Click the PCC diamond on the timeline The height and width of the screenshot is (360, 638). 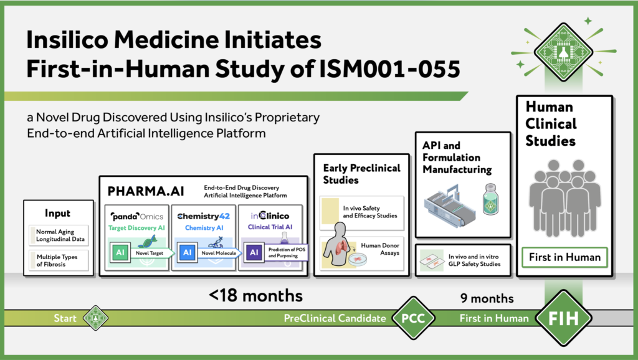coord(414,318)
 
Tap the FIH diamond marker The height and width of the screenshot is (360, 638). coord(563,318)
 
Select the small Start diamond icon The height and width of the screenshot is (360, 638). coord(95,318)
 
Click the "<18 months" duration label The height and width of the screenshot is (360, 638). coord(255,296)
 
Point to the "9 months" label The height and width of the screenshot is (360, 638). coord(487,298)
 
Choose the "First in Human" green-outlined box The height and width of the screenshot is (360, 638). coord(564,257)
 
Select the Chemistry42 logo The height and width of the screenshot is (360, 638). coord(204,216)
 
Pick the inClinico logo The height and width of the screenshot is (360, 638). coord(270,216)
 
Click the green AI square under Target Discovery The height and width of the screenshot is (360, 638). coord(120,252)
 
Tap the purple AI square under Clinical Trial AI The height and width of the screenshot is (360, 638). coord(254,252)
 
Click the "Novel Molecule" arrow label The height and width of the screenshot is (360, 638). coord(219,253)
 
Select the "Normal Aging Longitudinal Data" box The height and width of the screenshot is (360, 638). coord(59,235)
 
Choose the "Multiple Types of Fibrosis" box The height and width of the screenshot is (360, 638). coord(59,260)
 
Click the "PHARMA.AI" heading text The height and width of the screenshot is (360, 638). coord(146,191)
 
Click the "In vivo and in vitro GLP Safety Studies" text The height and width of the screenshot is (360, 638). coord(474,260)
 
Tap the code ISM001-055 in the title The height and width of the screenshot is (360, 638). coord(390,69)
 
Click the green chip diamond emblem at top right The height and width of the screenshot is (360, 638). coord(563,52)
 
